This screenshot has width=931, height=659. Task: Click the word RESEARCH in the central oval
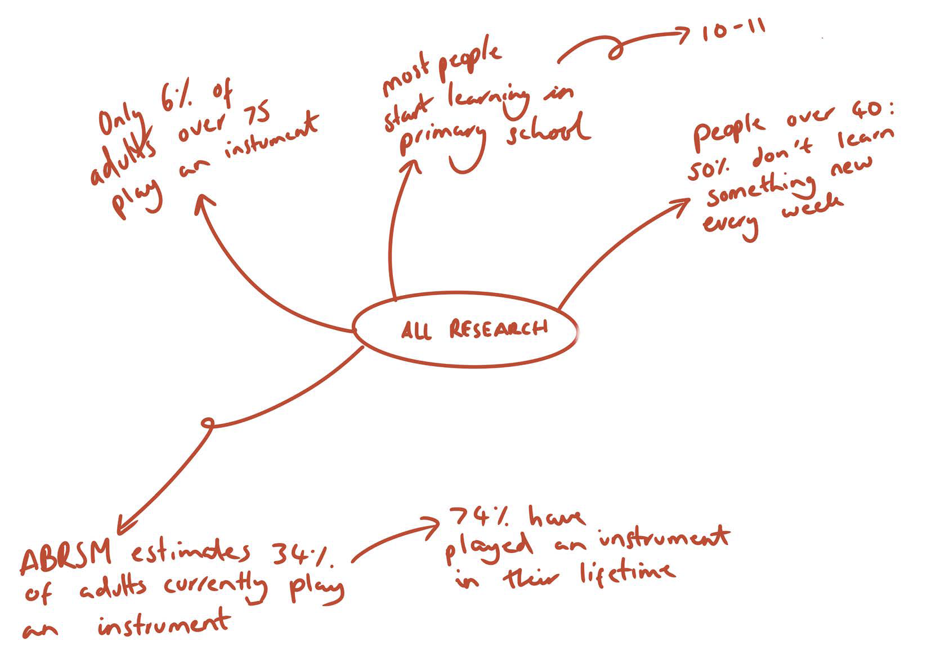pos(499,329)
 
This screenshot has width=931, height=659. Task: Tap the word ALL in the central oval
pos(417,330)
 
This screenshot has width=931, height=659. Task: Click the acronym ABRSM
pos(66,554)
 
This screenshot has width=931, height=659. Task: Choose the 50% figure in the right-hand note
pos(709,168)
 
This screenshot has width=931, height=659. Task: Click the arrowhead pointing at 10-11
pos(683,35)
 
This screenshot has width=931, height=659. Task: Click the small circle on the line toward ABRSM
pos(208,423)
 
